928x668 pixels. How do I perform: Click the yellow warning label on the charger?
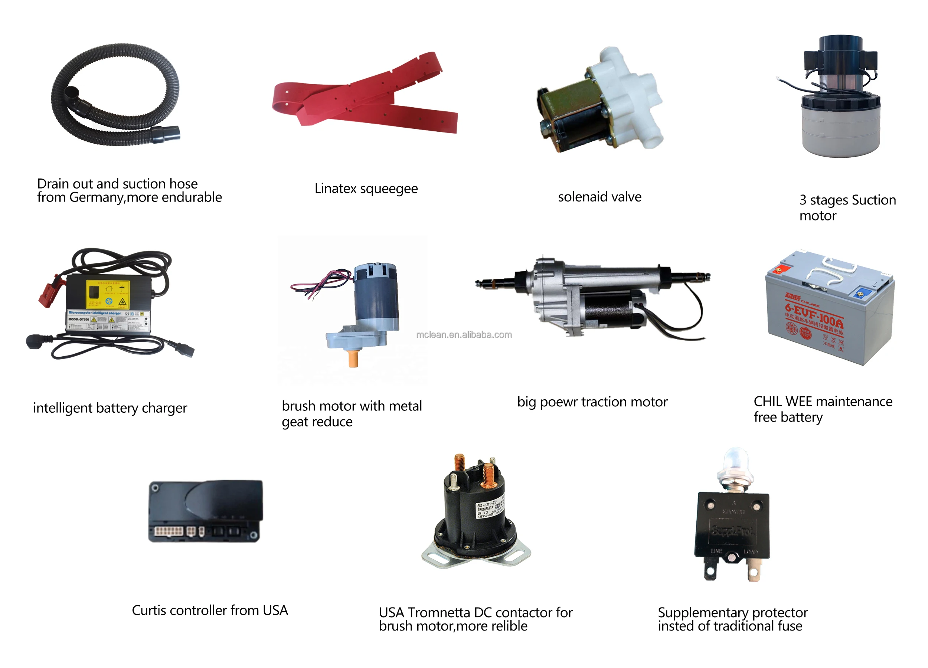[108, 295]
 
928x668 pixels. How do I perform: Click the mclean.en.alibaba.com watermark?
[464, 335]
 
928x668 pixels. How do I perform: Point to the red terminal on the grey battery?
[780, 269]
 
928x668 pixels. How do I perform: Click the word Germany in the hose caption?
[97, 197]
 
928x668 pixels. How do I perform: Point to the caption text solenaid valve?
[599, 197]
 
